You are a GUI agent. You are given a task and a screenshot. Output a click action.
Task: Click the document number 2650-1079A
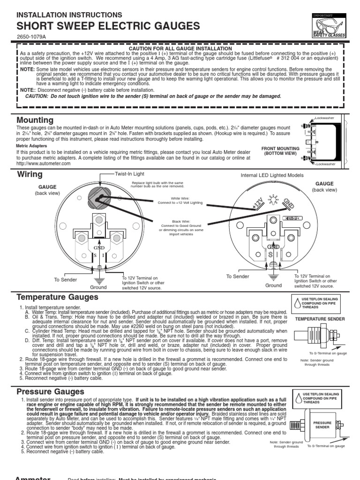point(31,37)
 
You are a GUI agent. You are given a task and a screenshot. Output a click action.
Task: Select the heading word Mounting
point(35,120)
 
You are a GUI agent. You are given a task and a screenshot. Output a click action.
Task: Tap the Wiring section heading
point(30,174)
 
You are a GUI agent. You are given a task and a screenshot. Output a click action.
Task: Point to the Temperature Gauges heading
point(57,297)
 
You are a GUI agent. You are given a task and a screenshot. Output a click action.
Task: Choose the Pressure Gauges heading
point(50,391)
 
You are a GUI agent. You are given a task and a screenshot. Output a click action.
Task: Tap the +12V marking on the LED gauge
point(257,203)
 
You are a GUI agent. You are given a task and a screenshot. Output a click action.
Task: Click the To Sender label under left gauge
point(65,280)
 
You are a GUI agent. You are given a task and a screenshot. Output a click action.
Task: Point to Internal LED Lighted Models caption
point(272,175)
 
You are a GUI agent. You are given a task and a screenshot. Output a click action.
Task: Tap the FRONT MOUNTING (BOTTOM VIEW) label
point(280,150)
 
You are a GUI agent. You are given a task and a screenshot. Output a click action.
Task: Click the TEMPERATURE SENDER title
point(320,319)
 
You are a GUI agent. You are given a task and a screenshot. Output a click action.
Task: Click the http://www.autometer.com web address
point(40,163)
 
